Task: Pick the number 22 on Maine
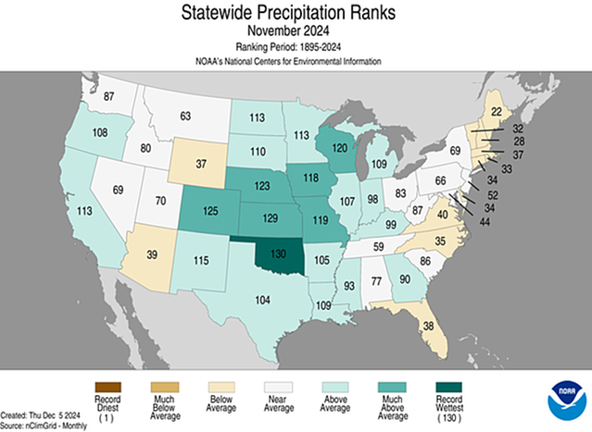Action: tap(497, 112)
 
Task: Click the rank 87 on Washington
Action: tap(108, 97)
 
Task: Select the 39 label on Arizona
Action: tap(155, 254)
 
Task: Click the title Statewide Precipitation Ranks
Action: tap(296, 13)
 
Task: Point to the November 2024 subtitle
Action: tap(296, 31)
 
